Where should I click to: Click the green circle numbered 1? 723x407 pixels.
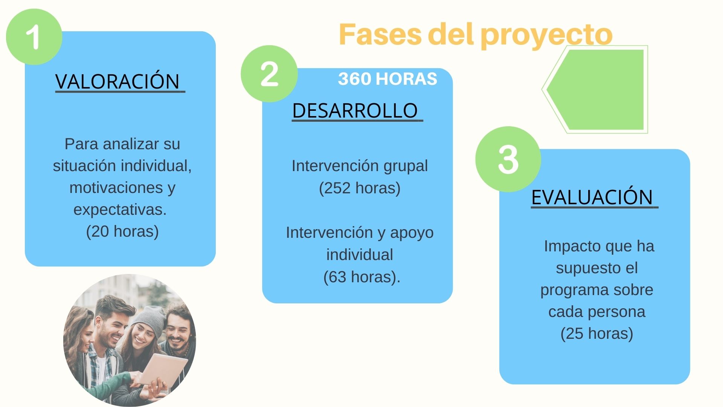point(34,37)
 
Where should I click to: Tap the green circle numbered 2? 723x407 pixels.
point(269,74)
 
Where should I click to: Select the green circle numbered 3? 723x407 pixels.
point(508,159)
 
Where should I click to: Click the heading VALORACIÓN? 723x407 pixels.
point(117,81)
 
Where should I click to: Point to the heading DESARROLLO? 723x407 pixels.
point(355,110)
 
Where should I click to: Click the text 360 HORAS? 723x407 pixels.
point(387,79)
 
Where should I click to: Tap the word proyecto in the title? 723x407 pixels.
point(546,35)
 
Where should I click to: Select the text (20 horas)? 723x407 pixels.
point(122,231)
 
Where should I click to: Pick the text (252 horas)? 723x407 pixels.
point(360,188)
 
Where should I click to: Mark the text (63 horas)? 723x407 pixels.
point(361,277)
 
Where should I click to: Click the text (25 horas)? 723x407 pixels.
point(597,334)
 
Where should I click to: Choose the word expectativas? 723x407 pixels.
point(120,210)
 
